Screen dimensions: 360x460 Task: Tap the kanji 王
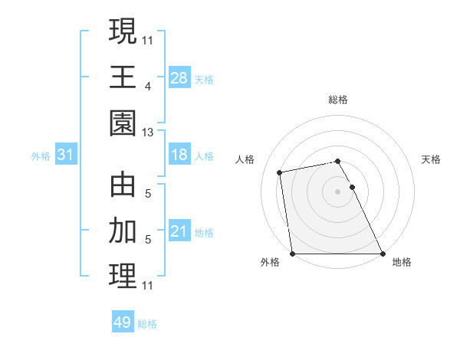tap(123, 76)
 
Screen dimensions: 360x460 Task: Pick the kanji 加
tap(123, 230)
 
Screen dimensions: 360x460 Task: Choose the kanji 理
tap(123, 277)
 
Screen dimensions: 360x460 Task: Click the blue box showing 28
tap(179, 77)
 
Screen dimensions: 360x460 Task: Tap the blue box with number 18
tap(179, 155)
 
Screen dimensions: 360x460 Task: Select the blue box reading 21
tap(179, 231)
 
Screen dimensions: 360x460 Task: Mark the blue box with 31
tap(66, 155)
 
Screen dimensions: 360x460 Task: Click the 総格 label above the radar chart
tap(337, 100)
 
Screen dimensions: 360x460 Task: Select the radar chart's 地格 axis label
tap(402, 262)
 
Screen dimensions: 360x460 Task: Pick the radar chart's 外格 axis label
tap(270, 262)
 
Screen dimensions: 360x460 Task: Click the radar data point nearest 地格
tap(382, 254)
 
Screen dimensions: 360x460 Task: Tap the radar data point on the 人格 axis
tap(280, 172)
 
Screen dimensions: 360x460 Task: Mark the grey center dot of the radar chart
tap(337, 191)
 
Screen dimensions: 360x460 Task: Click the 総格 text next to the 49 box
tap(147, 324)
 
